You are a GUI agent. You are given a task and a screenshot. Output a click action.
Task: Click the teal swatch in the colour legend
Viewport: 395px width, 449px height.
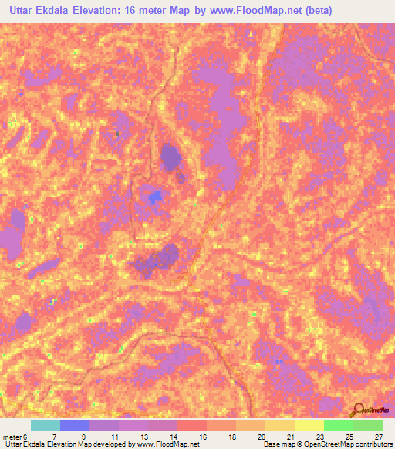46,425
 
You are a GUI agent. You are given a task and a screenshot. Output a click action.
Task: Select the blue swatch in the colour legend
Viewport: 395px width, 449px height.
75,425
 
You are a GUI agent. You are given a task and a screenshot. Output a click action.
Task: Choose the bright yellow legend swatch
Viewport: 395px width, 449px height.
309,425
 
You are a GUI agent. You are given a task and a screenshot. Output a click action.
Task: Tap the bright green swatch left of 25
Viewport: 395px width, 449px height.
338,425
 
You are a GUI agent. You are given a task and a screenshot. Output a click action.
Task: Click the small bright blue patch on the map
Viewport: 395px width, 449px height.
156,197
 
